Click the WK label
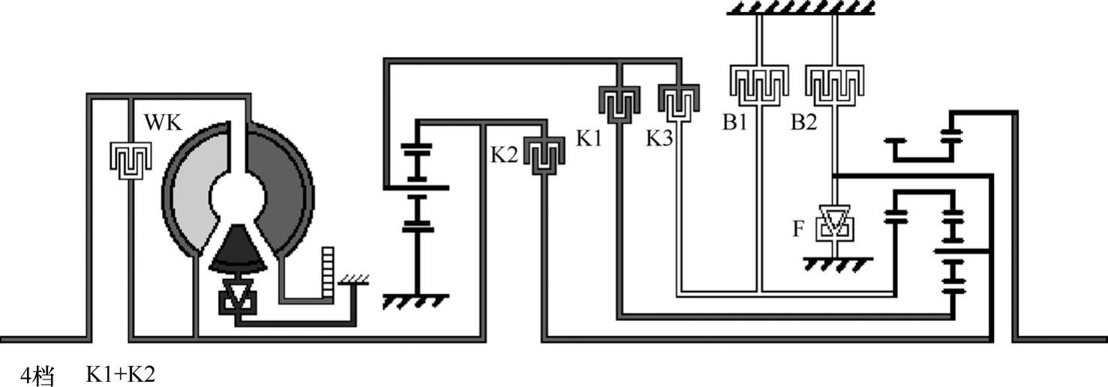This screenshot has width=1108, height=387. [x=164, y=123]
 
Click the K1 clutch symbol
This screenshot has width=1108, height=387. [x=618, y=102]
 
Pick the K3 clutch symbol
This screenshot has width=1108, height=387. [x=679, y=102]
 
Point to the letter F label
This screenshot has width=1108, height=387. [x=799, y=228]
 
